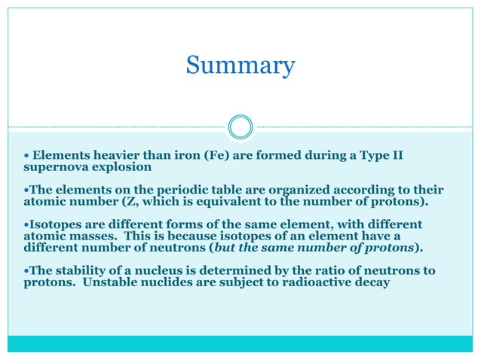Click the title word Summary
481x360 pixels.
240,66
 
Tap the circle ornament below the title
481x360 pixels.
240,127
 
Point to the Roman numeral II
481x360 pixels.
396,156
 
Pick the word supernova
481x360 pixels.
44,167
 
